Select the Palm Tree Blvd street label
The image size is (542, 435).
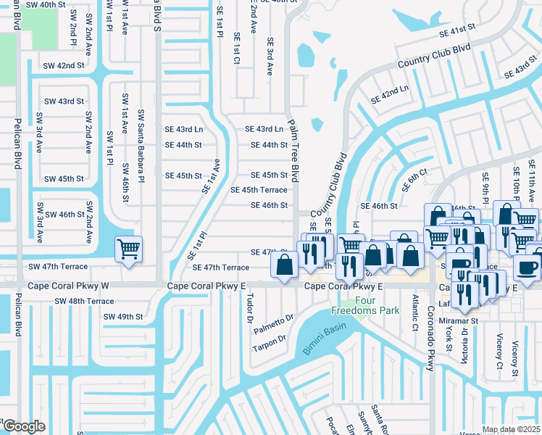coord(294,150)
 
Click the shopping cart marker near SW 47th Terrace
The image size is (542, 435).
coord(128,250)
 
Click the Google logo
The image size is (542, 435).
coord(23,426)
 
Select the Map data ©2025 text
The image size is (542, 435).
coord(511,429)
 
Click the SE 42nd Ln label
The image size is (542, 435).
coord(391,94)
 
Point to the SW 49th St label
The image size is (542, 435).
coord(123,317)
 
